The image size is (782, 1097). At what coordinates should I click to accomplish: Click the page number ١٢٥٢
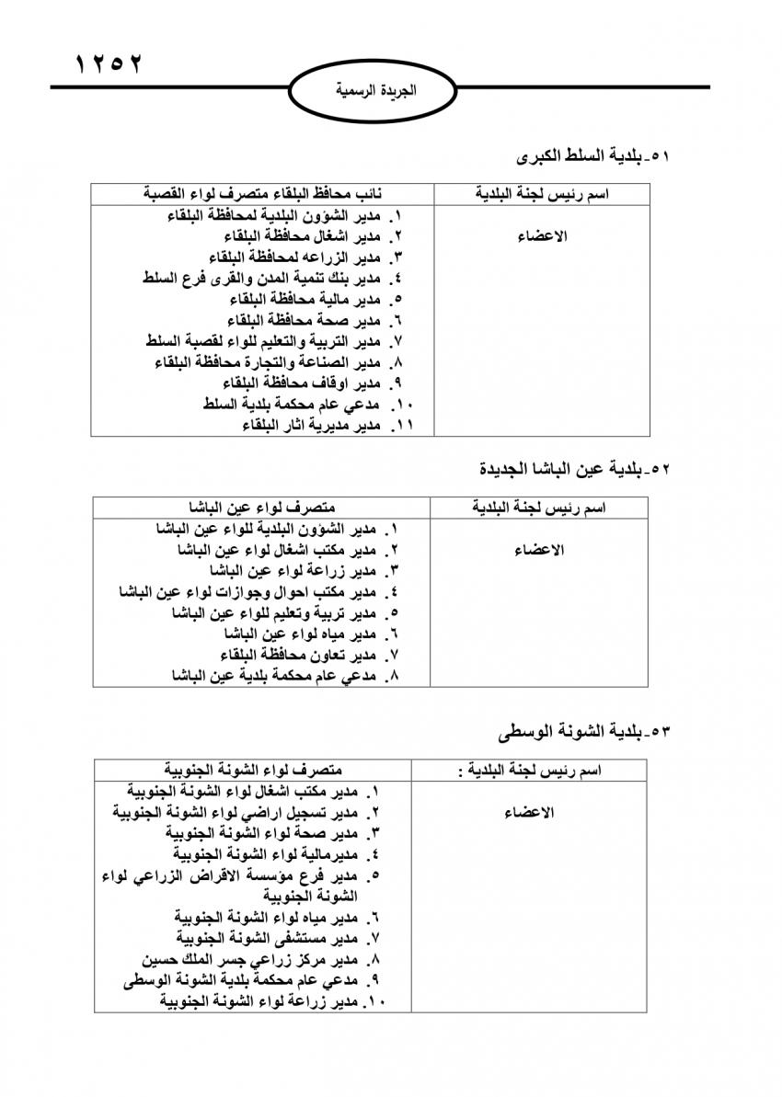point(109,65)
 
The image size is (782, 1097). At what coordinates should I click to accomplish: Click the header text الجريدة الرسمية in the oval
point(376,92)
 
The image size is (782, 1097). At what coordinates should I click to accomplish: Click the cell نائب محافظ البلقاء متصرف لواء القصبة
point(264,194)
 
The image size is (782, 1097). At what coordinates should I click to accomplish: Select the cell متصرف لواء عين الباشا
point(263,508)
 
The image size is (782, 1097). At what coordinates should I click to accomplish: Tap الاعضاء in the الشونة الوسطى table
point(529,813)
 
